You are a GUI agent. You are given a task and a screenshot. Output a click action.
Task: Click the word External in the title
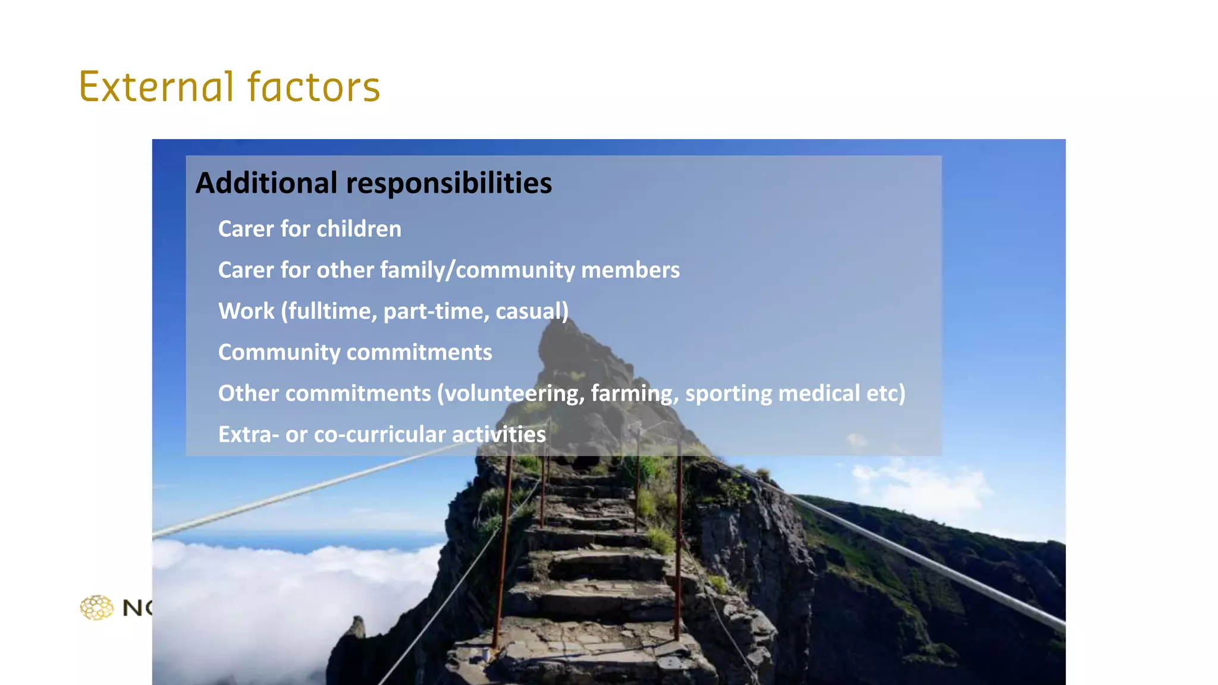[156, 87]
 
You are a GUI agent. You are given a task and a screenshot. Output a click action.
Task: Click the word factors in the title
[313, 87]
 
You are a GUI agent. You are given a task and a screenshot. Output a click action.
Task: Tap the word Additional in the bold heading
[266, 183]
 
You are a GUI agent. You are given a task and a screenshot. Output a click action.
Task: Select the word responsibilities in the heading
[449, 183]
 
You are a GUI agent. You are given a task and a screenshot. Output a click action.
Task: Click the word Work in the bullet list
[246, 311]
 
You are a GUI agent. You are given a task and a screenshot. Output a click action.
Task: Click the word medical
[819, 393]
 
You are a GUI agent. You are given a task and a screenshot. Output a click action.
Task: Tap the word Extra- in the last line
[249, 435]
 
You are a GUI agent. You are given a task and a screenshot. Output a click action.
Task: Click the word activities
[499, 435]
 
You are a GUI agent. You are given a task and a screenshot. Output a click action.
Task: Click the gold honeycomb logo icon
[97, 608]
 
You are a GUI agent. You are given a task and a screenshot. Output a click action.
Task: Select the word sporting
[729, 394]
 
